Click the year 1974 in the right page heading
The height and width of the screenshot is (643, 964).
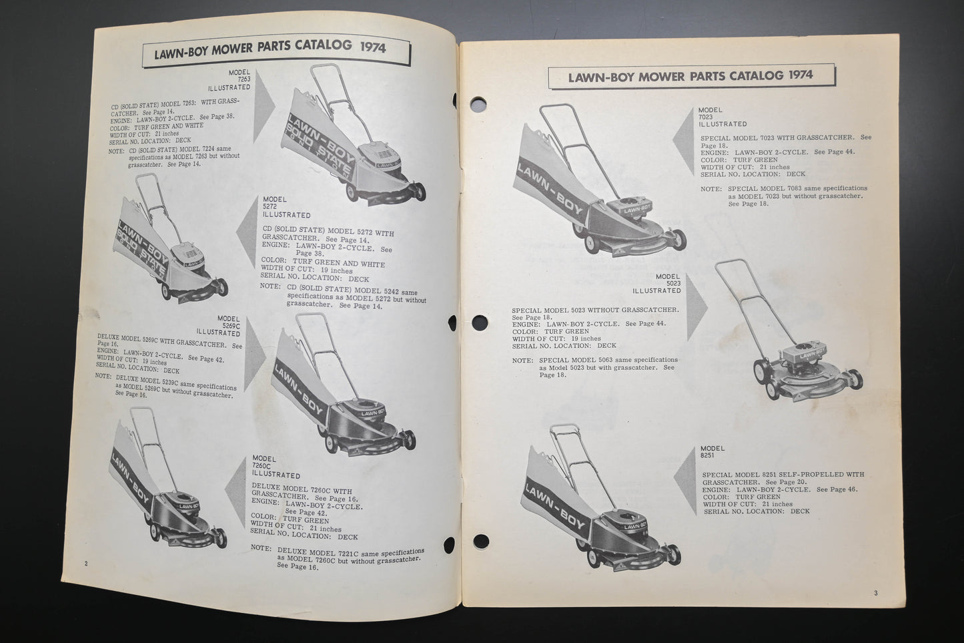(x=799, y=75)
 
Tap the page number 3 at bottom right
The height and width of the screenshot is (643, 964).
(x=875, y=593)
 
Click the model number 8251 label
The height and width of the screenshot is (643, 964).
(x=711, y=455)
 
